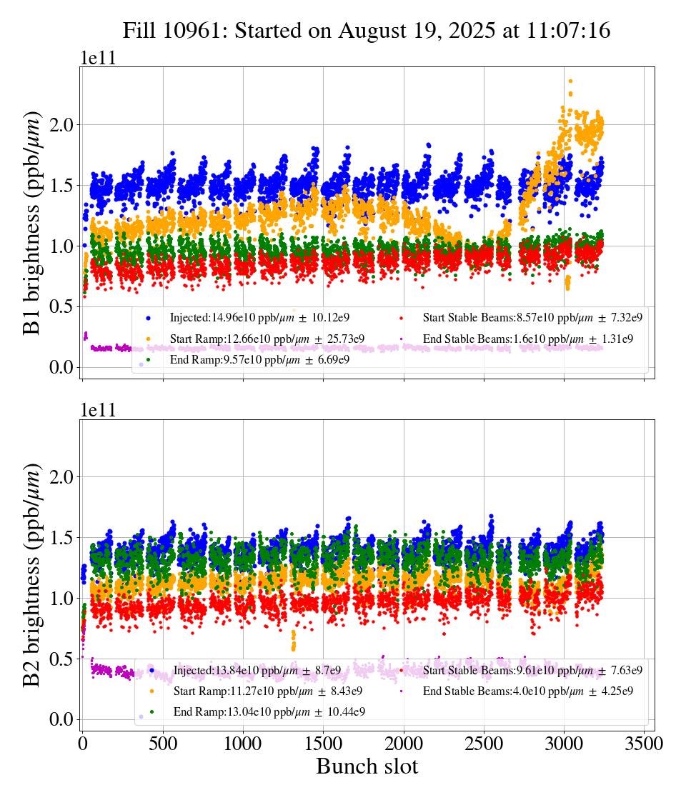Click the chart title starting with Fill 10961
[366, 31]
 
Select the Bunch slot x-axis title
[367, 767]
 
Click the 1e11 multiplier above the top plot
[97, 58]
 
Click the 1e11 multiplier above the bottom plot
[97, 410]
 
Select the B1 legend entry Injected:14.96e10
[259, 317]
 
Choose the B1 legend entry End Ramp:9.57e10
[259, 360]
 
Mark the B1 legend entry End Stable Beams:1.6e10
[528, 339]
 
